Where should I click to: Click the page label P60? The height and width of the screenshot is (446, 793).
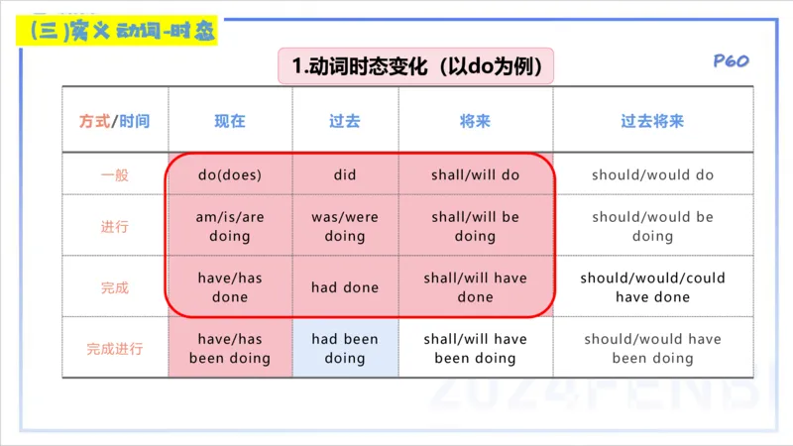click(731, 61)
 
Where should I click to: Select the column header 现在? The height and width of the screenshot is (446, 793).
click(230, 121)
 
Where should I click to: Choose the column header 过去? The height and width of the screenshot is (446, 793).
click(345, 121)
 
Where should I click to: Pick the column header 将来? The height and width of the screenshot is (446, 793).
click(475, 121)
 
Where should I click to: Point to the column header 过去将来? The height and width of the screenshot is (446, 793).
click(652, 121)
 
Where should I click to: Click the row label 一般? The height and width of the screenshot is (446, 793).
click(115, 175)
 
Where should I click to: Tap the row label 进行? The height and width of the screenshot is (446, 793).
click(115, 227)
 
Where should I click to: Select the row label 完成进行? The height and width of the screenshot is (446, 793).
click(115, 349)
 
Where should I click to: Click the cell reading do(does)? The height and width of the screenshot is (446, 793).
click(230, 175)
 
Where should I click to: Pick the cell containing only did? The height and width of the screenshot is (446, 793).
click(345, 175)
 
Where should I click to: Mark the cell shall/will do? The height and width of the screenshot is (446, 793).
click(475, 175)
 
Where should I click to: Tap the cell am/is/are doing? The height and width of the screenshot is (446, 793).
click(230, 227)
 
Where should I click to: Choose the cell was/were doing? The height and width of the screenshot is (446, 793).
click(345, 227)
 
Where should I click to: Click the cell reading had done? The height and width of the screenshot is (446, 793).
click(345, 287)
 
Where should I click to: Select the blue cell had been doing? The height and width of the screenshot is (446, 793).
click(345, 349)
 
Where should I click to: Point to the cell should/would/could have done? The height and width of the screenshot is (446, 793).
click(652, 287)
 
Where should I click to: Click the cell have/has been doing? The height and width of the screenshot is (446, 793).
click(230, 349)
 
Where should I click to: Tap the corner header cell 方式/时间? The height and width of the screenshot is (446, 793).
click(115, 121)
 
